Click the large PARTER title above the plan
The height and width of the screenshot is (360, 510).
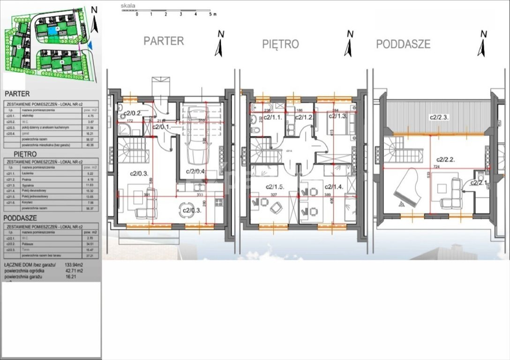[164, 41]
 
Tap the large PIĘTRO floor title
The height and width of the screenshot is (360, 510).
[280, 45]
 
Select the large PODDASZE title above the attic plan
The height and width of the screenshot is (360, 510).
[403, 44]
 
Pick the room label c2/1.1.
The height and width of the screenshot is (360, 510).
[273, 117]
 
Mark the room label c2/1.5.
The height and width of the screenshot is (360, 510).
[276, 186]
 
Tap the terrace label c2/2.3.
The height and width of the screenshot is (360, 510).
[440, 117]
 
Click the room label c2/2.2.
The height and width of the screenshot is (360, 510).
[447, 159]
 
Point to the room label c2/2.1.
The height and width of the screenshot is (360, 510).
[480, 183]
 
